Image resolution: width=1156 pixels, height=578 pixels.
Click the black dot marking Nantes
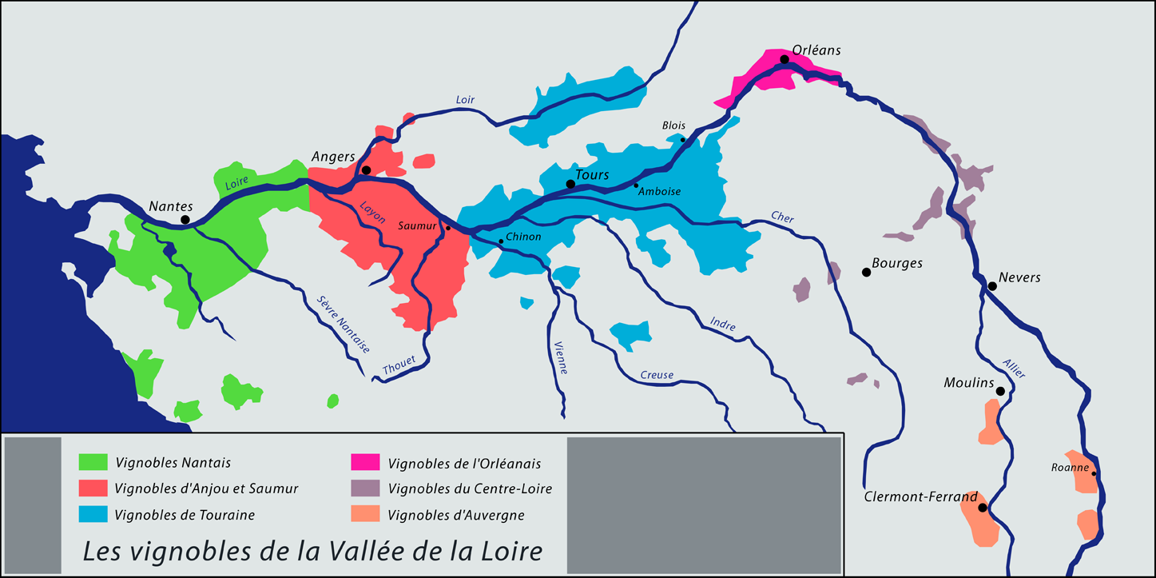coord(185,220)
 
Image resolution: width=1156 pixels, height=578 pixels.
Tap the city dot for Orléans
coord(785,60)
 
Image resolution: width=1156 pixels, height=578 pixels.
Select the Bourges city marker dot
coord(866,273)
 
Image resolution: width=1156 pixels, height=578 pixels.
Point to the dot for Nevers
coord(992,286)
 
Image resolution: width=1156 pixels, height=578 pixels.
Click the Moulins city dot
coord(1000,391)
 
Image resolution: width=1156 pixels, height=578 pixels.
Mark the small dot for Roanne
coord(1094,473)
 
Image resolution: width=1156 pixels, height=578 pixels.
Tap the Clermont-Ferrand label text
coord(920,497)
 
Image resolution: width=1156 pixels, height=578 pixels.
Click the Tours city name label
coord(593,175)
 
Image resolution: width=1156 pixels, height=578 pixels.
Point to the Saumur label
coord(418,226)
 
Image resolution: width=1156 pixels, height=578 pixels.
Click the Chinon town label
coord(523,237)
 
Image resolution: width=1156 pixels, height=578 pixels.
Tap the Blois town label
coord(673,126)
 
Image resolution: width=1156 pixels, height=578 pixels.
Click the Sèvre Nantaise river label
coord(344,325)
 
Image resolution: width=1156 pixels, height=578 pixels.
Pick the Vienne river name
coord(560,355)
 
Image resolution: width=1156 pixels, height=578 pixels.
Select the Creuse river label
coord(657,375)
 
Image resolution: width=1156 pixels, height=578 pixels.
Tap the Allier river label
coord(1013,365)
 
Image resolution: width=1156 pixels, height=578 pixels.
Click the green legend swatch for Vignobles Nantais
coord(93,461)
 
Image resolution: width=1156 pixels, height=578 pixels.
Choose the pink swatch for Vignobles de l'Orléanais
coord(365,462)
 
